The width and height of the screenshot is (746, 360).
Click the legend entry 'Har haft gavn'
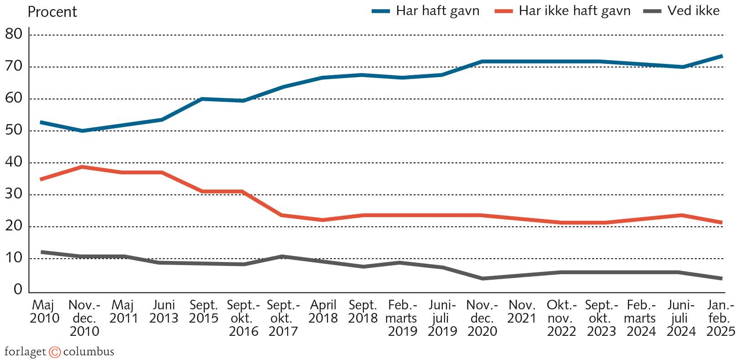point(437,11)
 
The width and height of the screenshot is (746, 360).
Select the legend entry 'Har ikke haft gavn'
point(574,11)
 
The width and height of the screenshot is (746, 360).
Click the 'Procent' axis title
point(52,12)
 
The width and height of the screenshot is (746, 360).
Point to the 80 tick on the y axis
point(13,34)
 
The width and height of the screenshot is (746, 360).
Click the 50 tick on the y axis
point(13,130)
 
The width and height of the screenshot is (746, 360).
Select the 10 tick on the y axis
point(13,258)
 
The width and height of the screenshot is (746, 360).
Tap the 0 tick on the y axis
point(18,289)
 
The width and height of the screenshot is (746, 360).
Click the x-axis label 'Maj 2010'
point(44,312)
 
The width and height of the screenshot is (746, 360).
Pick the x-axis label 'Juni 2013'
point(164,312)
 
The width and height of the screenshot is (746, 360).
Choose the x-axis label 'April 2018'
point(323,312)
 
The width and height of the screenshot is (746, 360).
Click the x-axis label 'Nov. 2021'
point(522,312)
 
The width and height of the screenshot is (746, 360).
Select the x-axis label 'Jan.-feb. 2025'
point(721,318)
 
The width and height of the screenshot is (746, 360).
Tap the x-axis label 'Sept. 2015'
point(203,312)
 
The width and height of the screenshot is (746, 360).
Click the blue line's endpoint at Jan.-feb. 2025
point(722,56)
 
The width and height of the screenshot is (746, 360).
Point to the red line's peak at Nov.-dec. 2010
point(83,167)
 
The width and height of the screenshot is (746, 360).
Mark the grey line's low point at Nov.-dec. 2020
point(482,278)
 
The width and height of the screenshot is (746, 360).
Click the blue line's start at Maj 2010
point(42,122)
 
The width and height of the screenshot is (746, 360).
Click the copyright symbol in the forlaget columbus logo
point(55,352)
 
